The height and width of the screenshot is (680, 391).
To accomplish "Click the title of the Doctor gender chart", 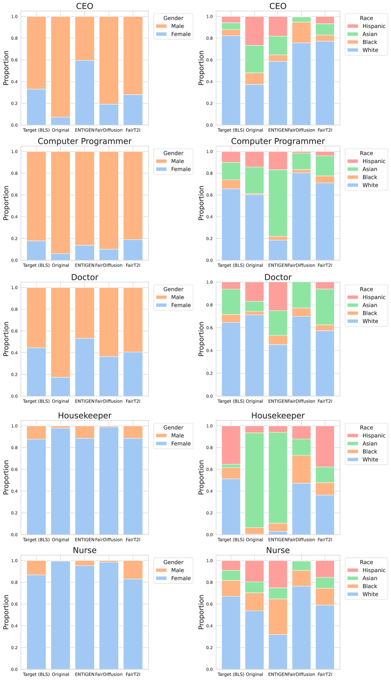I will point(85,277).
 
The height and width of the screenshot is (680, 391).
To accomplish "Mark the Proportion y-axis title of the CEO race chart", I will point(202,71).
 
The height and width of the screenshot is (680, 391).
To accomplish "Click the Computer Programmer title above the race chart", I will point(280,141).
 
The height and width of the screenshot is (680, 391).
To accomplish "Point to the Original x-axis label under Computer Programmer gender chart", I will point(61,266).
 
